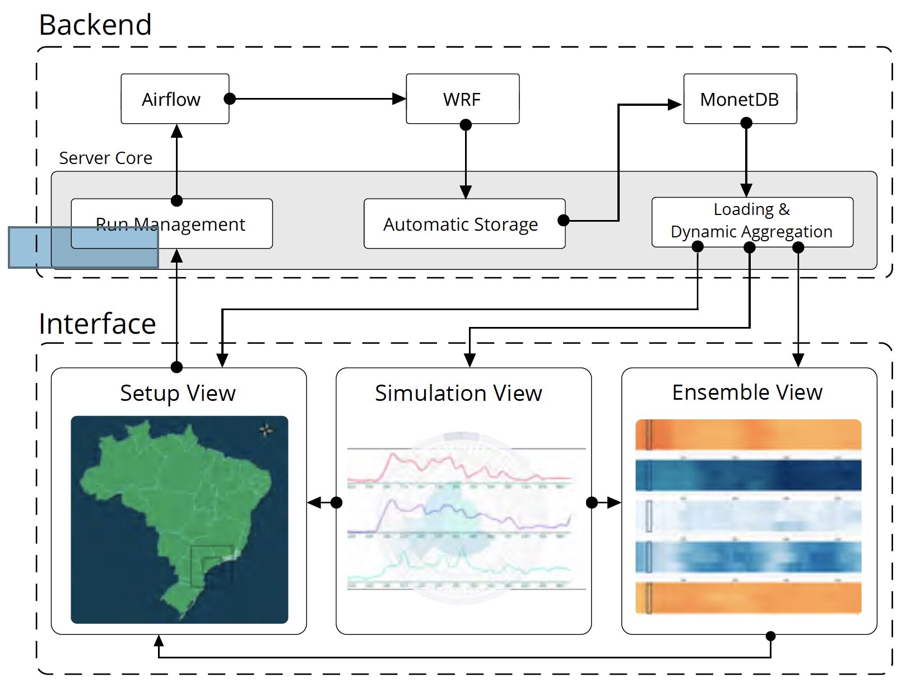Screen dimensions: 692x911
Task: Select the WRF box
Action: [462, 99]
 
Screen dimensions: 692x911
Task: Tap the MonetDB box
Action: [740, 99]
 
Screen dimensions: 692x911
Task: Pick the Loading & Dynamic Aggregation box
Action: [752, 221]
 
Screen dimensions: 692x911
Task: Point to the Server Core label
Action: [105, 158]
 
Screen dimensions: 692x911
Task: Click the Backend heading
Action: [95, 25]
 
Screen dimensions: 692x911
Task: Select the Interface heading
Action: [97, 324]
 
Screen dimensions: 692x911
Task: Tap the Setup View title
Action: [178, 393]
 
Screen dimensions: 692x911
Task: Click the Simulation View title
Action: [458, 393]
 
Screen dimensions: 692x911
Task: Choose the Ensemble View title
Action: [747, 392]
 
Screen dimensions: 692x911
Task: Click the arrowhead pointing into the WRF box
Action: [399, 99]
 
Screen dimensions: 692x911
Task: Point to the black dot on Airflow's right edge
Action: [229, 99]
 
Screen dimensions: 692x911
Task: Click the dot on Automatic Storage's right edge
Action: [564, 221]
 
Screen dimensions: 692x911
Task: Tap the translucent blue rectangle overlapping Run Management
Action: [83, 247]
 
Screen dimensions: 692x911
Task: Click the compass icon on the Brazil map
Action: [266, 430]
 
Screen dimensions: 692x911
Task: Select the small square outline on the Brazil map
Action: [211, 565]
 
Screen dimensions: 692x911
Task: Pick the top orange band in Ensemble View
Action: [748, 434]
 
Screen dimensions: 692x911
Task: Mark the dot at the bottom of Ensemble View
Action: [770, 636]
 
